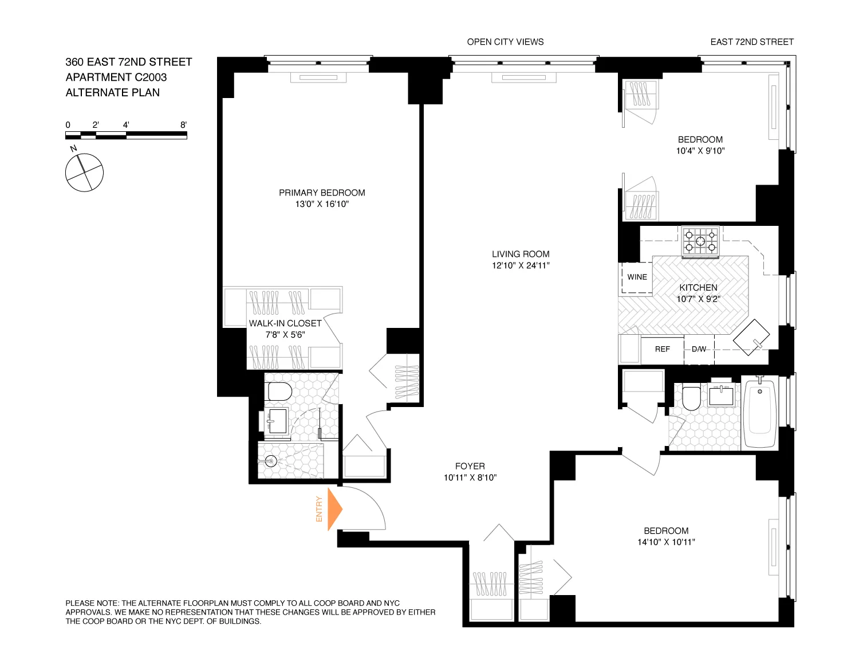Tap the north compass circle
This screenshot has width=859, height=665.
84,173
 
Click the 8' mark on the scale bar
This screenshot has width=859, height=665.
183,125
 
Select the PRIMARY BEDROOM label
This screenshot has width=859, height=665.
322,193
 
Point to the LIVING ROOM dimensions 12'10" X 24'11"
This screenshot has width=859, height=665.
521,265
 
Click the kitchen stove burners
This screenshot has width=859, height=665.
700,241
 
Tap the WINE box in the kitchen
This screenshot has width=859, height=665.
637,277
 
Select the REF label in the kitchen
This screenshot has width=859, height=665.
662,349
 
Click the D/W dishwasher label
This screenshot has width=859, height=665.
699,349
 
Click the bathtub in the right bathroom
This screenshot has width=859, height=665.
760,411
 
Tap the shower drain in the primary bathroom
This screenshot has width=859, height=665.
271,460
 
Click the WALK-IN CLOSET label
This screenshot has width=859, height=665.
285,323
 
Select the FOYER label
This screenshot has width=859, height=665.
470,466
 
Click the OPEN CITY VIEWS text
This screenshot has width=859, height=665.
505,42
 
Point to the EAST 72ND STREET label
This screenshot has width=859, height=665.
751,42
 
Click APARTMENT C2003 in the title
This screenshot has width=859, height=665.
116,77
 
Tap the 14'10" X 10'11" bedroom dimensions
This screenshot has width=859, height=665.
666,542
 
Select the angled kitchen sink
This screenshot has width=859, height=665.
751,337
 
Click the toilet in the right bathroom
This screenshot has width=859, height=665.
691,398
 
